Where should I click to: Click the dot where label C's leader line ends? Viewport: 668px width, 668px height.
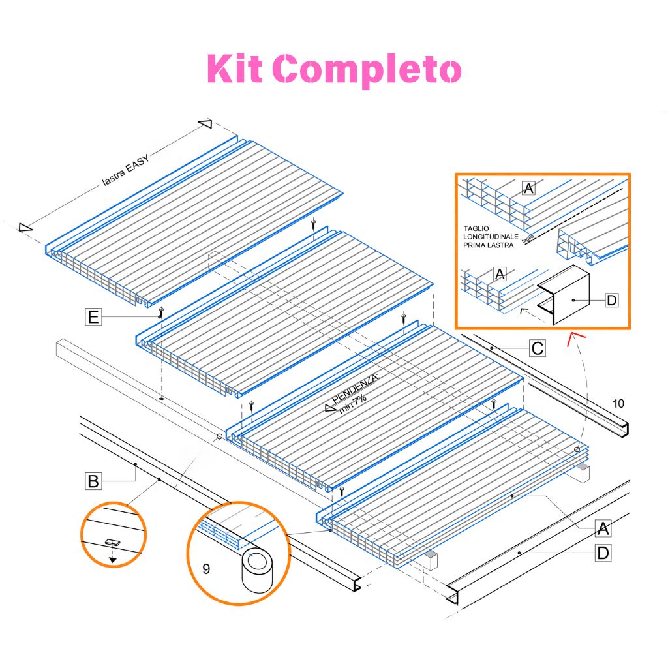click(492, 348)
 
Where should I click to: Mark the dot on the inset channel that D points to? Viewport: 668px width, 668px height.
click(574, 300)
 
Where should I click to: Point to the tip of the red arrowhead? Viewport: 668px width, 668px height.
click(573, 333)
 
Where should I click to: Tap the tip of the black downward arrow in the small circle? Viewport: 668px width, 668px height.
click(112, 562)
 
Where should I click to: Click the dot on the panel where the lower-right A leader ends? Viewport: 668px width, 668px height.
click(512, 496)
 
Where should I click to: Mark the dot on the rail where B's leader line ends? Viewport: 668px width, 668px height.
click(136, 464)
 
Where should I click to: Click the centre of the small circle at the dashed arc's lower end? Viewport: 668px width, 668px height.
click(577, 449)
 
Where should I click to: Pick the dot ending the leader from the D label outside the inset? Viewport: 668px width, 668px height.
click(519, 553)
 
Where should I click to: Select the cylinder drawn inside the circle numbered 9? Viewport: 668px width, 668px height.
click(257, 570)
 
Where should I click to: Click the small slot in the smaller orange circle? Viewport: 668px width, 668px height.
click(113, 542)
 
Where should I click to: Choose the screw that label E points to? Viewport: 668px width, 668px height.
click(161, 312)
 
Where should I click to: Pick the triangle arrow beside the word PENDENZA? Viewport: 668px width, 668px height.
click(331, 408)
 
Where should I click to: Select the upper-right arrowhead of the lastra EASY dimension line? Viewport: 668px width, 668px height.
click(205, 124)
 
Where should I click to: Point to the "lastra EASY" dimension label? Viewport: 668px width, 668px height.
click(126, 170)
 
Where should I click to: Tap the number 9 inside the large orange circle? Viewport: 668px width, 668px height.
click(206, 569)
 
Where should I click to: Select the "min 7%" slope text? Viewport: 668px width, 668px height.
click(353, 404)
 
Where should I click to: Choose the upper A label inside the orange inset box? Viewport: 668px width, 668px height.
click(528, 188)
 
